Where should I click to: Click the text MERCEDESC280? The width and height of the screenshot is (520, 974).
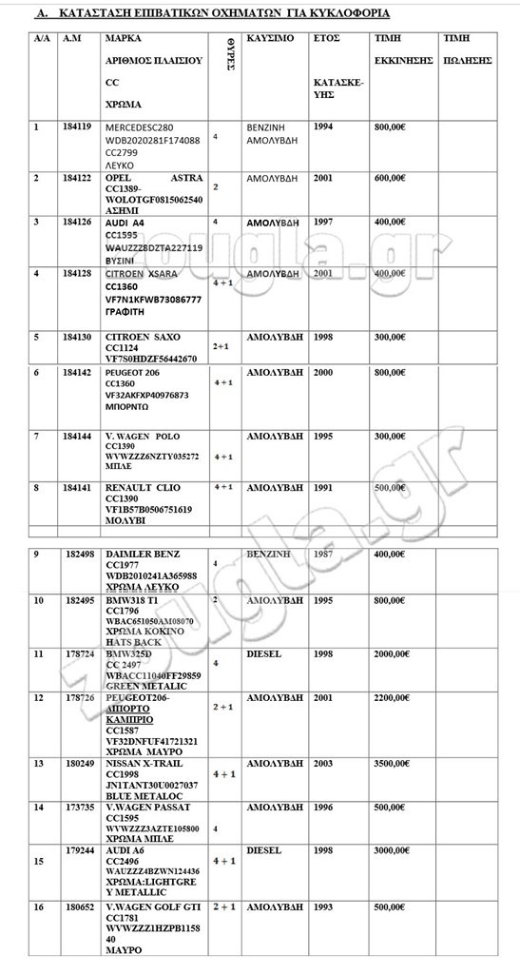(x=141, y=127)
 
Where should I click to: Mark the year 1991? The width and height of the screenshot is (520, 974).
(x=323, y=487)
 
